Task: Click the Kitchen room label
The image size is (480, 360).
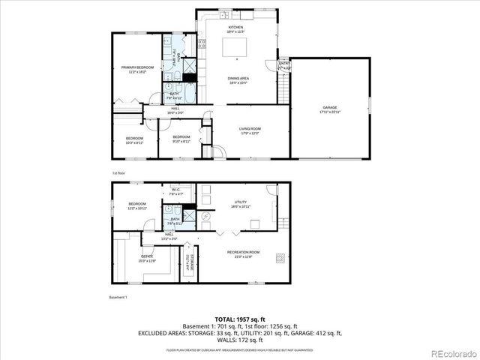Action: click(236, 28)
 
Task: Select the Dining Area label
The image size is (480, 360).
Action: click(238, 78)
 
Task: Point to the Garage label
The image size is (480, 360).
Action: click(330, 108)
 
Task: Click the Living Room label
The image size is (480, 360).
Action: click(249, 130)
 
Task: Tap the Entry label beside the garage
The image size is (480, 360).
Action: click(283, 64)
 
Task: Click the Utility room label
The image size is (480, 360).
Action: click(241, 202)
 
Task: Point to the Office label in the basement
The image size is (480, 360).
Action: click(147, 256)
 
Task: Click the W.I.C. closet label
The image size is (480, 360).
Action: click(176, 190)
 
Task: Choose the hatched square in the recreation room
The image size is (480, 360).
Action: click(279, 257)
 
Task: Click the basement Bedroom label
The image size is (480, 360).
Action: click(136, 204)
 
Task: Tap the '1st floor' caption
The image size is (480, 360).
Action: click(118, 172)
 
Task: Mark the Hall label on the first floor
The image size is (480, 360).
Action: click(175, 109)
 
